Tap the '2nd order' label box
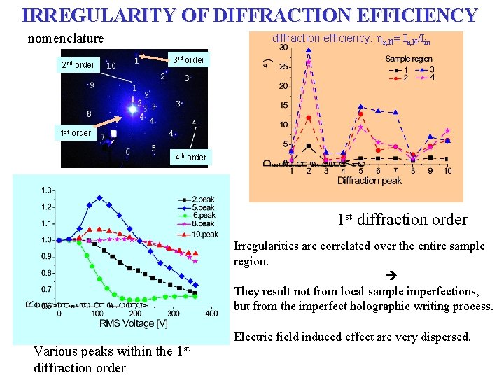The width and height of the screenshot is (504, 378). [78, 65]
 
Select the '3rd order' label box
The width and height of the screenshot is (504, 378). [189, 60]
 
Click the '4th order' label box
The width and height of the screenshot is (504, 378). [190, 157]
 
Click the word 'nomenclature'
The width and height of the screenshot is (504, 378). [65, 39]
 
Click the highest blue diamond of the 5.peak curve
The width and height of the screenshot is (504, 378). [99, 197]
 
